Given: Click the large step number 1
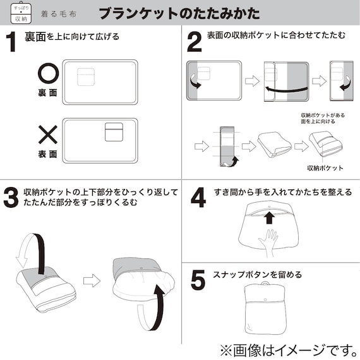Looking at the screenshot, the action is point(11,42).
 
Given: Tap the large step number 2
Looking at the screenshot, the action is point(195,42).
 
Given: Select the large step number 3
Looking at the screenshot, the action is point(11,198).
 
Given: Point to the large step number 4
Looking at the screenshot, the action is point(198,198).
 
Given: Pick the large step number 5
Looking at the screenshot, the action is point(198,280).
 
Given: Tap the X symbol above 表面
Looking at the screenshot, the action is point(48,135).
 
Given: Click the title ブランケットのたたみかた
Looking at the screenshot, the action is point(179,13).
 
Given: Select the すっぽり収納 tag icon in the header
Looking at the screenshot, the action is point(21,13).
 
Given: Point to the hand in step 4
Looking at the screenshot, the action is point(268,243).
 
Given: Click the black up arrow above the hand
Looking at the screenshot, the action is point(269,218).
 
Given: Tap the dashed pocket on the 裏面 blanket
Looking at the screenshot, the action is point(86,77).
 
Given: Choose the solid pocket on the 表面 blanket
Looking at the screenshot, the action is point(114,132).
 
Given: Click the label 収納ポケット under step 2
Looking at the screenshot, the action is point(325,168).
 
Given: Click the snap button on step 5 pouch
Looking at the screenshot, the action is point(265,299).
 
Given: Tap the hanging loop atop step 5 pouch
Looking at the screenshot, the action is point(265,284).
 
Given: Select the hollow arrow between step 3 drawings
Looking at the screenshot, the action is point(92,280).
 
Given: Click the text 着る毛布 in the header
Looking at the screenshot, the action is point(59,14).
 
